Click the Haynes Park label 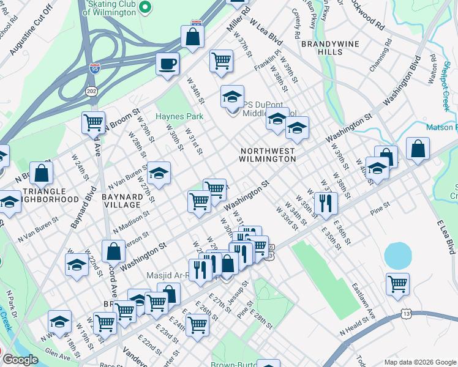(179, 116)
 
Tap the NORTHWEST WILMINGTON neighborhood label (268, 154)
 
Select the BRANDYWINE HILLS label (322, 48)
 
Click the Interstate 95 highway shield (94, 69)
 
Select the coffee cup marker (167, 64)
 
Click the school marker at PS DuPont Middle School (232, 97)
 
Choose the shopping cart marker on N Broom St (94, 122)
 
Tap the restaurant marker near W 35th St (325, 202)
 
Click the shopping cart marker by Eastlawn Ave (398, 284)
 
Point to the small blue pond (398, 255)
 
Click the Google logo (20, 360)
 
